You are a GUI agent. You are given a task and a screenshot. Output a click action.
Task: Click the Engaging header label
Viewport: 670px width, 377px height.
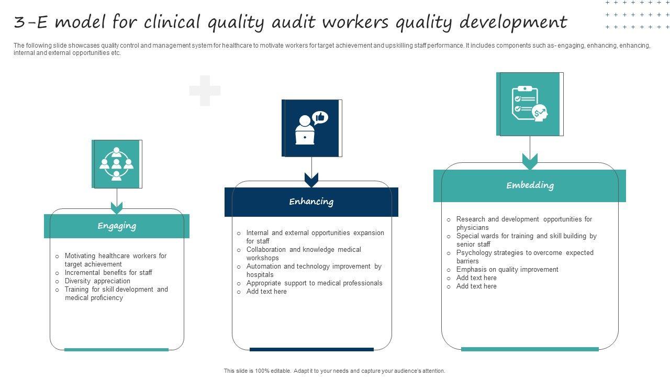[117, 226]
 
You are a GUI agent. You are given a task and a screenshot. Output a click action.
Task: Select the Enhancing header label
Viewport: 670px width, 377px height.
[311, 202]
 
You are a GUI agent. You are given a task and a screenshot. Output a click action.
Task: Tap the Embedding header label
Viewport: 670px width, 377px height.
[530, 185]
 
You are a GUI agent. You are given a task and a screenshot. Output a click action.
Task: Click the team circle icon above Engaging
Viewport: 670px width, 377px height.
[117, 164]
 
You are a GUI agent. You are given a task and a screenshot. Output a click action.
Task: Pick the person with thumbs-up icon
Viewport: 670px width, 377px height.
[311, 128]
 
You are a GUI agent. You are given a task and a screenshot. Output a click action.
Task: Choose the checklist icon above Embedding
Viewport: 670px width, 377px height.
[530, 104]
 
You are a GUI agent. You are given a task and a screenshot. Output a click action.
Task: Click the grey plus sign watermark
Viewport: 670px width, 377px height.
[205, 91]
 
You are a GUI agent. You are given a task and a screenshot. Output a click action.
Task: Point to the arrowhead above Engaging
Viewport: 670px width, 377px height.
[117, 208]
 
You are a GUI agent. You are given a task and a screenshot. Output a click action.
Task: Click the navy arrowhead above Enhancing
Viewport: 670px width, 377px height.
[311, 180]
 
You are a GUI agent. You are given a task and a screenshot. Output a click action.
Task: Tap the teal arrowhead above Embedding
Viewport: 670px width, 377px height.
[530, 162]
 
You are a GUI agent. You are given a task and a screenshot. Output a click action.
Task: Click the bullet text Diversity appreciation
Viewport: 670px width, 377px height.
[97, 281]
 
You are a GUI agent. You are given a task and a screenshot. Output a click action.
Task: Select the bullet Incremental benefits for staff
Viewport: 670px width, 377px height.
[108, 273]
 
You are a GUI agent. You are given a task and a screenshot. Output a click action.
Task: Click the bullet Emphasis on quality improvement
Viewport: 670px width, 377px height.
[507, 270]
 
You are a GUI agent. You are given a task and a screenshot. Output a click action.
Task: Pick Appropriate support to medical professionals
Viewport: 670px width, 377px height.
[314, 283]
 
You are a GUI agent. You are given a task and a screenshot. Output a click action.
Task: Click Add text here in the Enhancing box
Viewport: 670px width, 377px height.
[266, 292]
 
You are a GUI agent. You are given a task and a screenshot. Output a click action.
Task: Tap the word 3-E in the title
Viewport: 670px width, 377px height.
[32, 23]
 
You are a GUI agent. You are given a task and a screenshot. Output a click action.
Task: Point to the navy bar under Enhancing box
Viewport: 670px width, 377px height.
[311, 349]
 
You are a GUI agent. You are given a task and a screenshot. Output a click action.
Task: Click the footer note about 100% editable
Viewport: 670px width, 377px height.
[334, 371]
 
